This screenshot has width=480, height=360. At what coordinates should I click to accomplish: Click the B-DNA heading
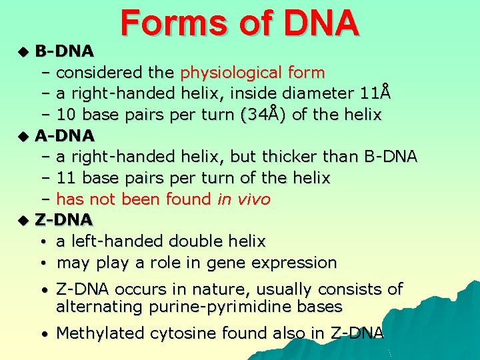(65, 50)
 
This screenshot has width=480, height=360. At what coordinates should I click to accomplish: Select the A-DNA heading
(65, 135)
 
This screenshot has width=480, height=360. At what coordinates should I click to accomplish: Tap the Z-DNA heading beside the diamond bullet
(64, 219)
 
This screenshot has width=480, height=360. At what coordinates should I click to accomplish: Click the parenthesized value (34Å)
(263, 114)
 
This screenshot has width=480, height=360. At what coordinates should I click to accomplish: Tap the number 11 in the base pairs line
(65, 178)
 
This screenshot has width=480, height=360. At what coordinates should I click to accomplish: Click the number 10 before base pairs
(65, 114)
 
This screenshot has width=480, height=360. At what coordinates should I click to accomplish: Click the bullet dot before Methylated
(42, 334)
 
